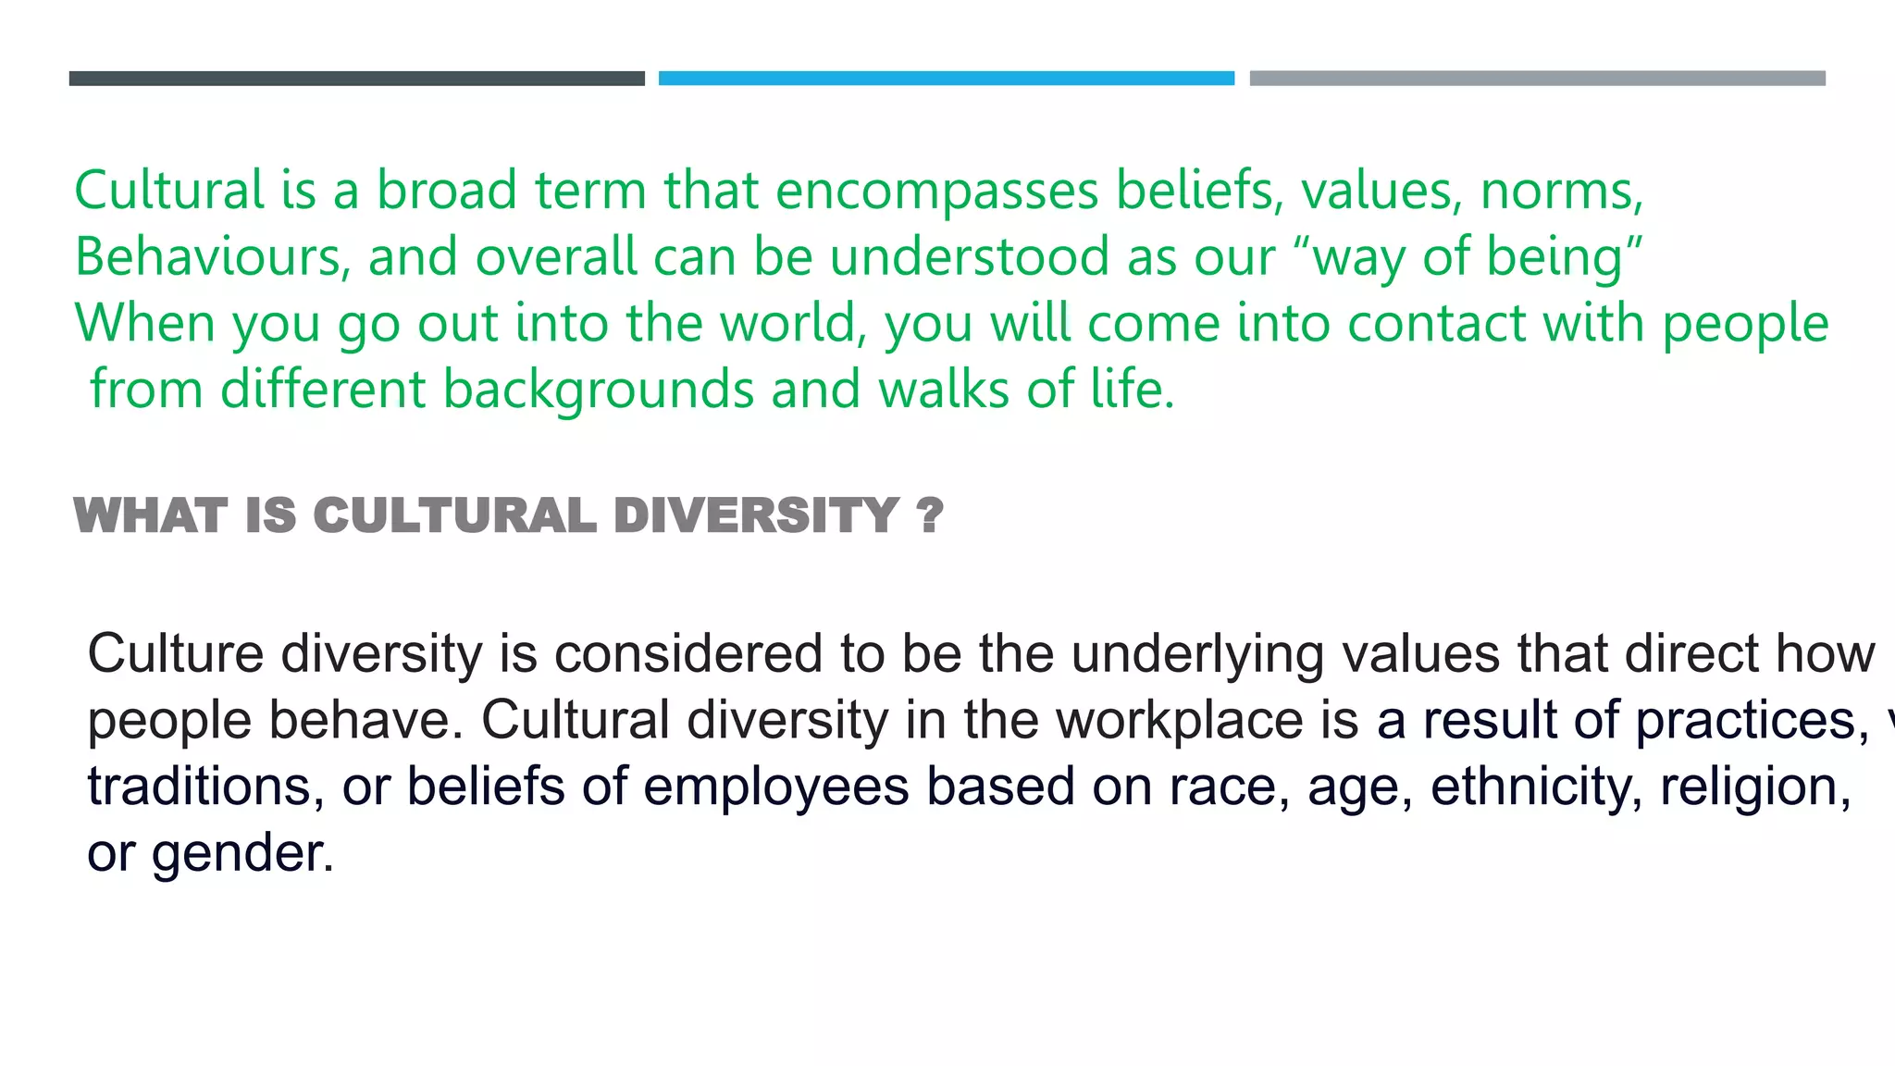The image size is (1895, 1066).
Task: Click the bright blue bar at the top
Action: tap(946, 79)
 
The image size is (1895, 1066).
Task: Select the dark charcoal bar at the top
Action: tap(356, 79)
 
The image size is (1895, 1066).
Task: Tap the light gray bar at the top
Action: tap(1537, 79)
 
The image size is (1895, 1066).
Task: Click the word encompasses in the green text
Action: tap(936, 192)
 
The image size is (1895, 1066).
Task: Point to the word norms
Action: tap(1560, 192)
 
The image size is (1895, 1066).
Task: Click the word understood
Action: tap(969, 256)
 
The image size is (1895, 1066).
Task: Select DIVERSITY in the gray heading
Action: tap(756, 515)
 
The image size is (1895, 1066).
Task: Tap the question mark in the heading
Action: tap(930, 515)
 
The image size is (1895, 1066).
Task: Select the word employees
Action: tap(775, 788)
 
